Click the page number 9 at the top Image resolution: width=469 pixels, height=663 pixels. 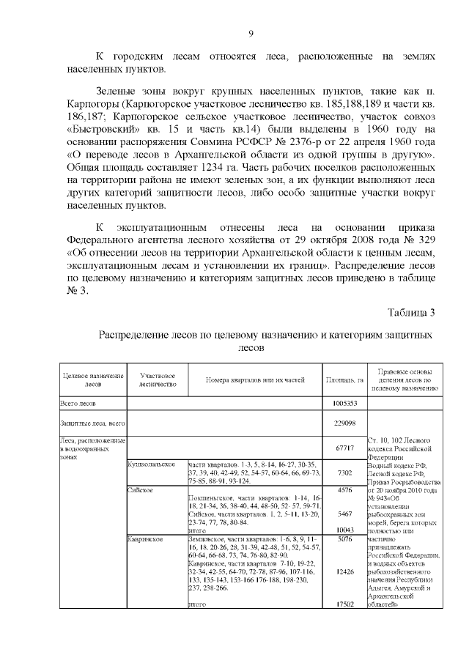point(250,33)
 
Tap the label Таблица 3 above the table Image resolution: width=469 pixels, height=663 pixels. point(413,313)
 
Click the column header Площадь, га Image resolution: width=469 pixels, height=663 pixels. point(344,381)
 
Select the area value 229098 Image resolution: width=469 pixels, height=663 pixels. point(344,423)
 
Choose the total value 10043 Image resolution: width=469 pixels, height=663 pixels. point(344,530)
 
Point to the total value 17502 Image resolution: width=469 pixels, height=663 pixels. point(344,604)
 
